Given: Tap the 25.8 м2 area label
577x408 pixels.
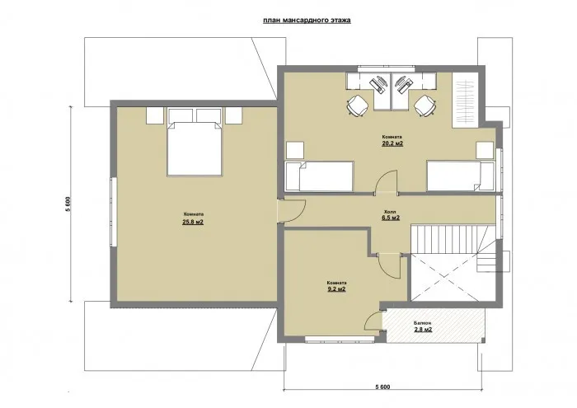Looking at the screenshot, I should coord(193,222).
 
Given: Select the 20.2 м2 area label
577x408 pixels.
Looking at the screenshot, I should coord(392,143).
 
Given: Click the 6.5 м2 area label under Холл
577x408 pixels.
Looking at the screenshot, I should coord(391,218).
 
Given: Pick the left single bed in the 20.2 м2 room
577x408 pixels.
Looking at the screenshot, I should coord(319,176).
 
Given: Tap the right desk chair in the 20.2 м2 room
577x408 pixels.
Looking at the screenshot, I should coord(425,105).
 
